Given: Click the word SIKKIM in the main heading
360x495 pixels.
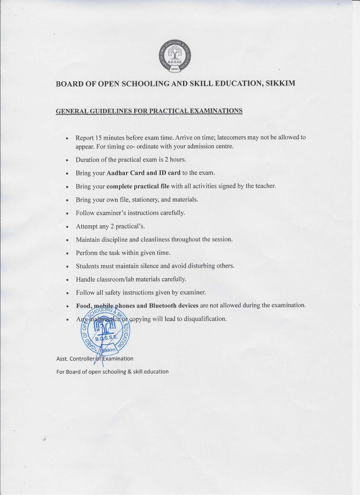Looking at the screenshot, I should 280,83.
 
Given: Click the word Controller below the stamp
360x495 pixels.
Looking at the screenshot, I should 83,359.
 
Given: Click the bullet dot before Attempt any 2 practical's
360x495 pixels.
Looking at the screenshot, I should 67,227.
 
